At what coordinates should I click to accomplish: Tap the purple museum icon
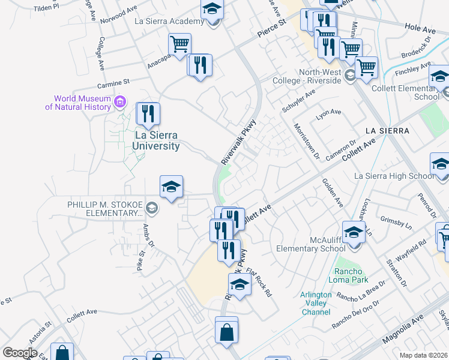120,102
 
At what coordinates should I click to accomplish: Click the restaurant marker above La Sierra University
148,113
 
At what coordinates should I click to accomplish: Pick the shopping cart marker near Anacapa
179,44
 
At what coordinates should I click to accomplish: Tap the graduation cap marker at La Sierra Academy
212,10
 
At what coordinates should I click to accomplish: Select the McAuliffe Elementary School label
310,244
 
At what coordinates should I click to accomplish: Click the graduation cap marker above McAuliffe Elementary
354,232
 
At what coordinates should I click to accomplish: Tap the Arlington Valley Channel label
316,303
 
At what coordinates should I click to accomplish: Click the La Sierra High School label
394,176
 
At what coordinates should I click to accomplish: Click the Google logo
19,352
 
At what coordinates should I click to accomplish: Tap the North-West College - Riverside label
312,76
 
